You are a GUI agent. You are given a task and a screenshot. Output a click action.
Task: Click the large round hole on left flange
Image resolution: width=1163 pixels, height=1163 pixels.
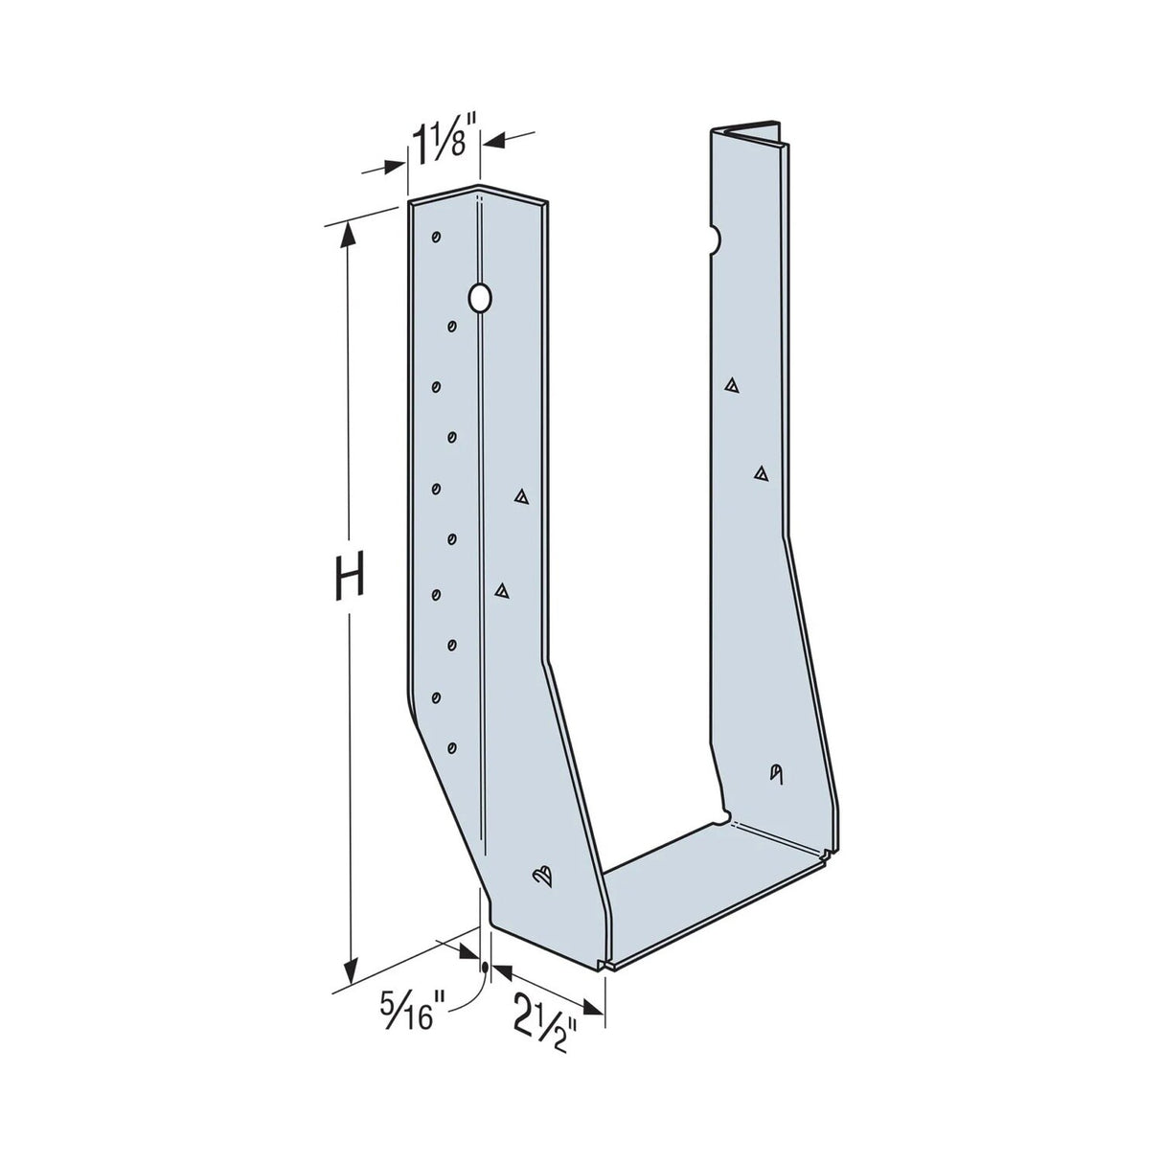pyautogui.click(x=480, y=298)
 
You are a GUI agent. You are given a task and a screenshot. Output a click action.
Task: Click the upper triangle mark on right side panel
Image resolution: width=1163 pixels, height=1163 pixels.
pyautogui.click(x=732, y=385)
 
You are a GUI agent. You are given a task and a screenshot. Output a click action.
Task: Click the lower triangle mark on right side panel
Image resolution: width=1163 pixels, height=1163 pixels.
pyautogui.click(x=762, y=471)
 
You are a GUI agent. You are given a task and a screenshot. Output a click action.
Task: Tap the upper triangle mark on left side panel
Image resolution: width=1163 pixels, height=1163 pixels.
pyautogui.click(x=522, y=496)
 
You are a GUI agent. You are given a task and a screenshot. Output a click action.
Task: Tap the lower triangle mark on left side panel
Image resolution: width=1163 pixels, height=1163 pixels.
pyautogui.click(x=500, y=591)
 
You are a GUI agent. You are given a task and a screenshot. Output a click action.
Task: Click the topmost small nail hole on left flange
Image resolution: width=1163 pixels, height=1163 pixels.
pyautogui.click(x=436, y=237)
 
